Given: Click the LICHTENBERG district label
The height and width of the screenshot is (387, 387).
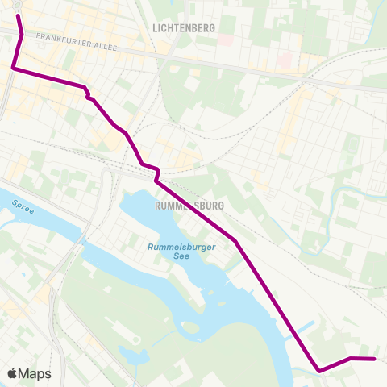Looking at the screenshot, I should [183, 27].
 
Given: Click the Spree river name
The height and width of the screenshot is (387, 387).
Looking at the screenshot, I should [23, 207].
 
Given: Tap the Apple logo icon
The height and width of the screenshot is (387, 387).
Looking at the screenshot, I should [13, 373].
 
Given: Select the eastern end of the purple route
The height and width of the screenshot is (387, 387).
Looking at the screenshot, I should [375, 359].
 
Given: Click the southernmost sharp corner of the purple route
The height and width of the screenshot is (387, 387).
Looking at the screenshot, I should [320, 371].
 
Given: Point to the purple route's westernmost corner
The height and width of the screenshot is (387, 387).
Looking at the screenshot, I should [14, 69].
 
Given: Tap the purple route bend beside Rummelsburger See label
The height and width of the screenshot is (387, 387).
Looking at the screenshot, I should [235, 240].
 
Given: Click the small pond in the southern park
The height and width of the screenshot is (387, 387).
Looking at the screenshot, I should [191, 327].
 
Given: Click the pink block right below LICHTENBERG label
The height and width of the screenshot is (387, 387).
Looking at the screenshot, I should [225, 40].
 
